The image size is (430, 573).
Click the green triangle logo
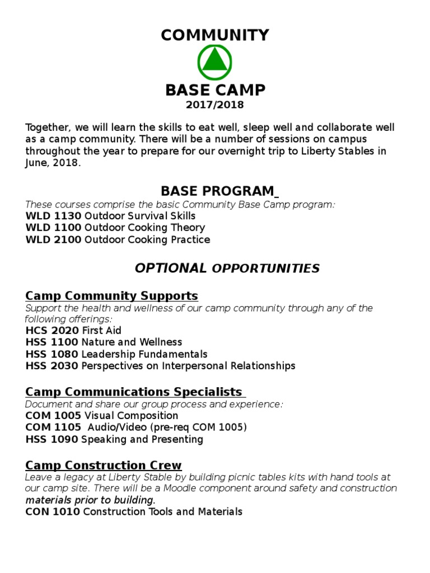(x=214, y=63)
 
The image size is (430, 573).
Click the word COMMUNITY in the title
(x=215, y=35)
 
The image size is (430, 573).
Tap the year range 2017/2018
(x=215, y=105)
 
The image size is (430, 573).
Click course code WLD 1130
(x=54, y=215)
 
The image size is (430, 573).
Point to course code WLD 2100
(x=54, y=240)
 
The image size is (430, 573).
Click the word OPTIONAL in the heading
(x=171, y=268)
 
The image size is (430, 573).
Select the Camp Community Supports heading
(x=112, y=295)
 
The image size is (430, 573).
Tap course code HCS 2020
(x=52, y=330)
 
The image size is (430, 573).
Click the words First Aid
(x=101, y=330)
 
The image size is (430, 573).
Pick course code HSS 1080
(x=52, y=354)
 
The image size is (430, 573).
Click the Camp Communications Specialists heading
(x=134, y=392)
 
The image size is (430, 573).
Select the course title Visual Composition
(x=130, y=416)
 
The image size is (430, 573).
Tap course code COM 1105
(x=53, y=428)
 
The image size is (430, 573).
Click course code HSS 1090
(x=52, y=439)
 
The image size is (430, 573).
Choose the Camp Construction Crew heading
(x=104, y=465)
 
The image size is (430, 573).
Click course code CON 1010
(x=53, y=511)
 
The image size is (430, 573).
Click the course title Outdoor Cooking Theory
(x=143, y=228)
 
